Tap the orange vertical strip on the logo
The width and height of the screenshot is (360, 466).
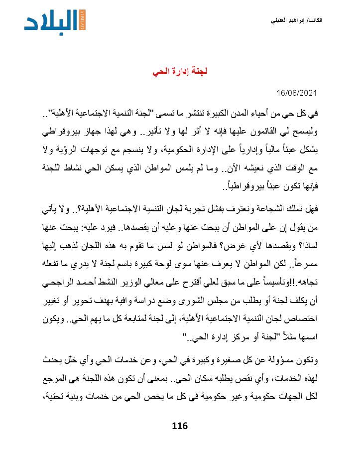pos(83,19)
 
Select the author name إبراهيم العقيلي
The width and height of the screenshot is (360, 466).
pos(289,20)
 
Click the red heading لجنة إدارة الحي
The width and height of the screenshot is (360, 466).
pos(180,72)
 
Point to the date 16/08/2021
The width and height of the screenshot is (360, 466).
pos(297,94)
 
